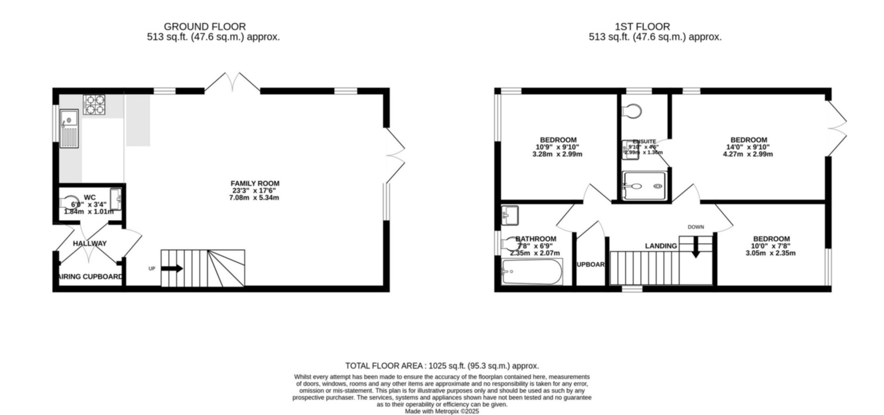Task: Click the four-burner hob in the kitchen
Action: point(94,104)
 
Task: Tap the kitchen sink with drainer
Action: point(69,128)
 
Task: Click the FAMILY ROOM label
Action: point(255,183)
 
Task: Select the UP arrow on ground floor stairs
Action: point(172,269)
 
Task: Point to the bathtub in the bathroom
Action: point(532,272)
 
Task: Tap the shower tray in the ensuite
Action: point(644,186)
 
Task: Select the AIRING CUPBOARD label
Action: point(91,277)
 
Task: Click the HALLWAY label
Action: point(90,243)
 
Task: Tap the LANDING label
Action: point(661,246)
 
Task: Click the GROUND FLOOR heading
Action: point(205,27)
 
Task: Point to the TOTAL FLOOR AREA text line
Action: point(442,366)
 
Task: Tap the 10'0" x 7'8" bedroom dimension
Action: point(771,246)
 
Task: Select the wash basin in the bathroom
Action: point(510,215)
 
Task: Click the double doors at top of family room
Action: point(233,83)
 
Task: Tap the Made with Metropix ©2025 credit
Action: point(442,411)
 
